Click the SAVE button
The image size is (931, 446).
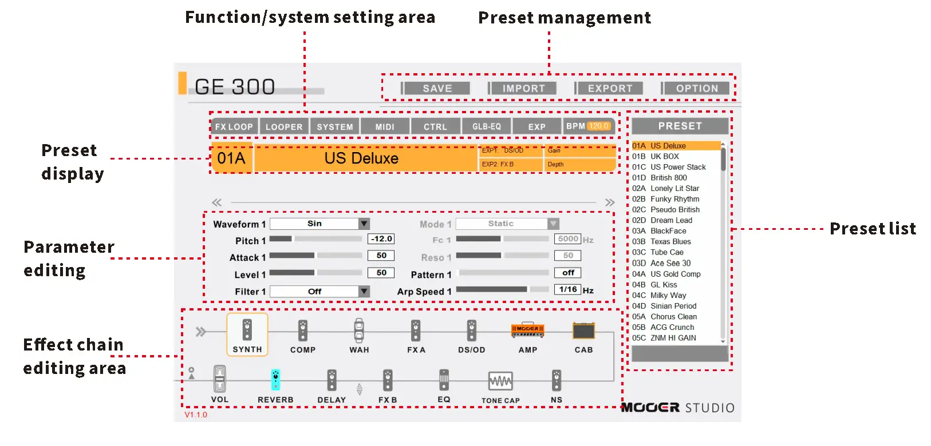tap(437, 89)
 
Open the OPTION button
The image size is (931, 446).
tap(696, 89)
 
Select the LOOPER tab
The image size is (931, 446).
tap(284, 127)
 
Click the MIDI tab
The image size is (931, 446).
tap(385, 127)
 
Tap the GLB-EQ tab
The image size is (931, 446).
tap(486, 127)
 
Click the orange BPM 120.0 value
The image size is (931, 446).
tap(599, 126)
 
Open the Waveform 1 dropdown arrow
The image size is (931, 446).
tap(364, 224)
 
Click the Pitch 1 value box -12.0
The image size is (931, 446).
tap(381, 239)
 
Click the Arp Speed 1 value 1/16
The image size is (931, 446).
tap(568, 290)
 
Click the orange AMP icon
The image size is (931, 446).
tap(527, 330)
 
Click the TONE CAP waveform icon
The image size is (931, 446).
tap(500, 381)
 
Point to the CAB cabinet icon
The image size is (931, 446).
tap(583, 330)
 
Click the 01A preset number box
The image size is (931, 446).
tap(231, 158)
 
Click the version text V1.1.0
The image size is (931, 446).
tap(196, 415)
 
